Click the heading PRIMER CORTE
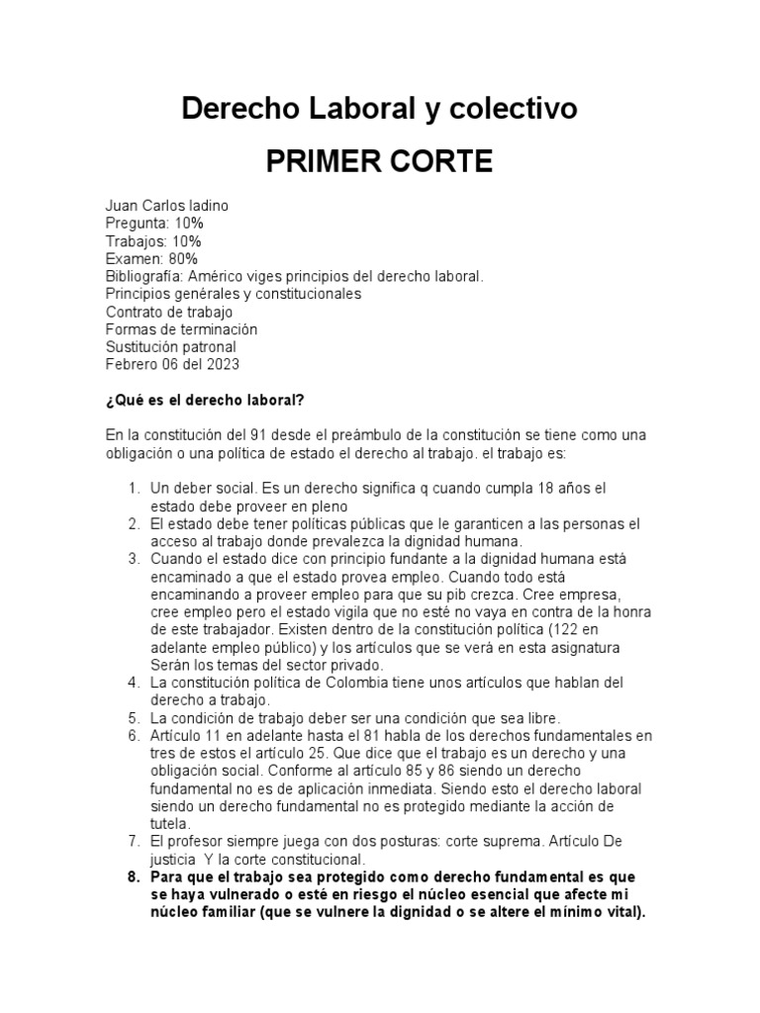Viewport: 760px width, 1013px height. (x=379, y=162)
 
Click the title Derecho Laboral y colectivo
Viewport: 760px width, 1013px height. (x=379, y=110)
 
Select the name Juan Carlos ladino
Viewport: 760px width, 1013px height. (x=166, y=206)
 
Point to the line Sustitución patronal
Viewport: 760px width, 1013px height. (x=170, y=347)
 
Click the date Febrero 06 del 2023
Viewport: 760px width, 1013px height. (x=172, y=365)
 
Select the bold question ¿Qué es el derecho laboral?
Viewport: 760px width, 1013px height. (x=204, y=400)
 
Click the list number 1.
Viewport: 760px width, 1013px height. (x=134, y=489)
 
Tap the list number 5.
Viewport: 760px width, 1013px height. (x=134, y=717)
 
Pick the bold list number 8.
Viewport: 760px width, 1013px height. (x=134, y=877)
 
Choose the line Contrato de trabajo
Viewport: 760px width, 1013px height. (x=168, y=313)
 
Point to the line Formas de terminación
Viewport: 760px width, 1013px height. (x=181, y=329)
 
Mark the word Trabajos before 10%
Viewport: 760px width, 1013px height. (x=135, y=241)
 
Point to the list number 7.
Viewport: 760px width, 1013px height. (x=134, y=842)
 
